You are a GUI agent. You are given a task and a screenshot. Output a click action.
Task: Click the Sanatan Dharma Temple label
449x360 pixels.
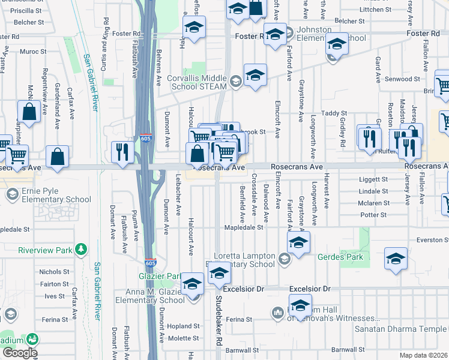point(408,329)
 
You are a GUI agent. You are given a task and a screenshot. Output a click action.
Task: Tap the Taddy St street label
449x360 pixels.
point(334,113)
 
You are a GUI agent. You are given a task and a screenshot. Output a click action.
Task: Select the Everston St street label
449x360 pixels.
point(431,239)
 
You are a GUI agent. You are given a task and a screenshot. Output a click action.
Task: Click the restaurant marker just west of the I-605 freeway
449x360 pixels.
point(119,151)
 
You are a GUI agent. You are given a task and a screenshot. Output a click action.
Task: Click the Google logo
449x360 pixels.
point(19,353)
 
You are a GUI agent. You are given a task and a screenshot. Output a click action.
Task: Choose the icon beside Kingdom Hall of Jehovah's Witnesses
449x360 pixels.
point(277,312)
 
